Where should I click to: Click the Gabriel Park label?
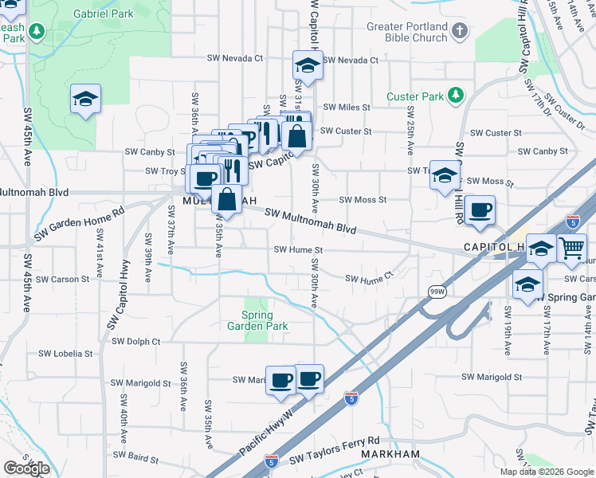[x=104, y=14]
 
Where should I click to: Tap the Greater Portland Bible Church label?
[x=407, y=32]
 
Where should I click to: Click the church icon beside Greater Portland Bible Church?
[x=459, y=32]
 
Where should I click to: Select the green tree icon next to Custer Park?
[x=456, y=96]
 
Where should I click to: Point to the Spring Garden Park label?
[x=257, y=320]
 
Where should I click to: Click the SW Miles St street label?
[x=346, y=107]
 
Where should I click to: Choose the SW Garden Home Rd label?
[x=80, y=225]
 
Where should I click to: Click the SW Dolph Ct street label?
[x=135, y=341]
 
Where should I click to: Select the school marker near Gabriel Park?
[x=85, y=99]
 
